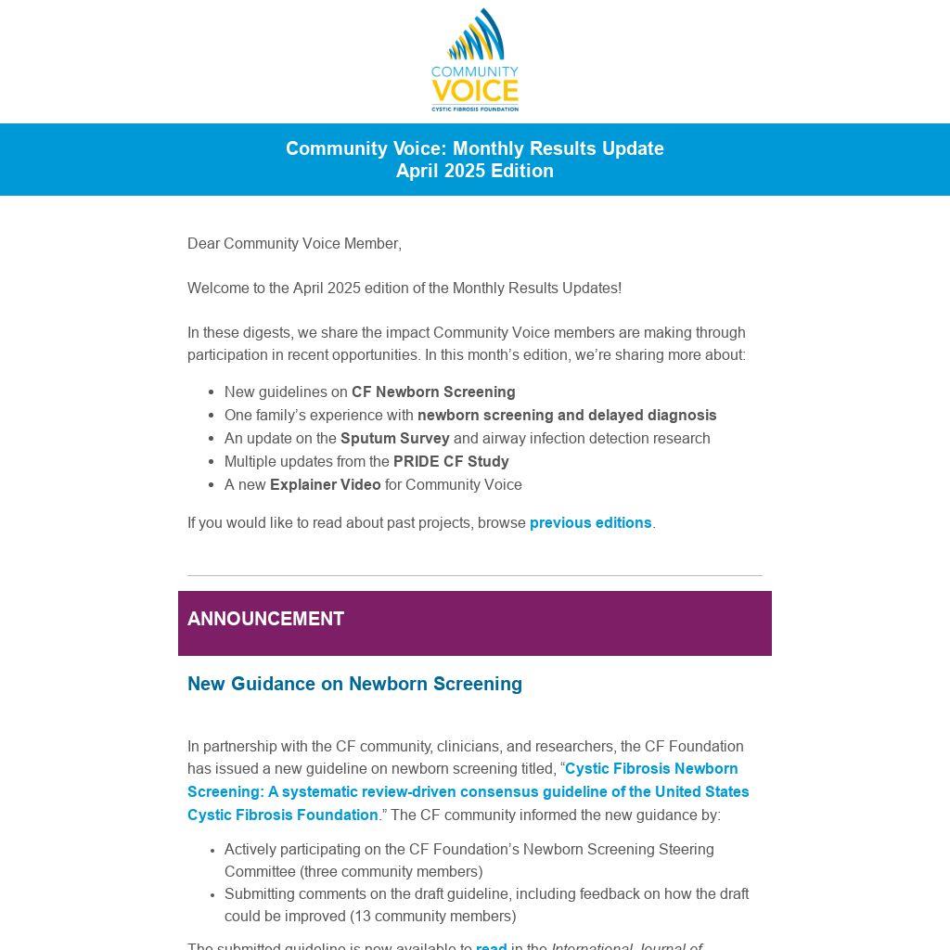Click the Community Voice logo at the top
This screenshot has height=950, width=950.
tap(474, 59)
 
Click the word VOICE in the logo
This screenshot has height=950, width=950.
tap(474, 92)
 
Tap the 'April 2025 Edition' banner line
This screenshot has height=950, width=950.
tap(474, 171)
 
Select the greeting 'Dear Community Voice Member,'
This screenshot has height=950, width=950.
tap(294, 244)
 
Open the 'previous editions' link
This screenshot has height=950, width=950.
tap(590, 523)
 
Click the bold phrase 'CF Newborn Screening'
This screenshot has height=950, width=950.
tap(433, 392)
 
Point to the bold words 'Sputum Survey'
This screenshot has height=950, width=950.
tap(394, 439)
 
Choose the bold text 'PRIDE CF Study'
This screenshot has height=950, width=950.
tap(451, 462)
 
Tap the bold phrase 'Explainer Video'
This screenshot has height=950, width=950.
tap(325, 485)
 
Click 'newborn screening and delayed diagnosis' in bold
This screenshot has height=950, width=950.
tap(567, 416)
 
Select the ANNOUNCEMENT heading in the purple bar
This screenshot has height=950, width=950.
tap(265, 619)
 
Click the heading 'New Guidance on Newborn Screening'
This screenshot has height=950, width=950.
tap(354, 684)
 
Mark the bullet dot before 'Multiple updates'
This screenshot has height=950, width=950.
tap(213, 462)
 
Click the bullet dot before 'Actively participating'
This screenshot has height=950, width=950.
tap(213, 850)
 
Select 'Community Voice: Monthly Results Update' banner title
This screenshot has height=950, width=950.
tap(474, 148)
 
